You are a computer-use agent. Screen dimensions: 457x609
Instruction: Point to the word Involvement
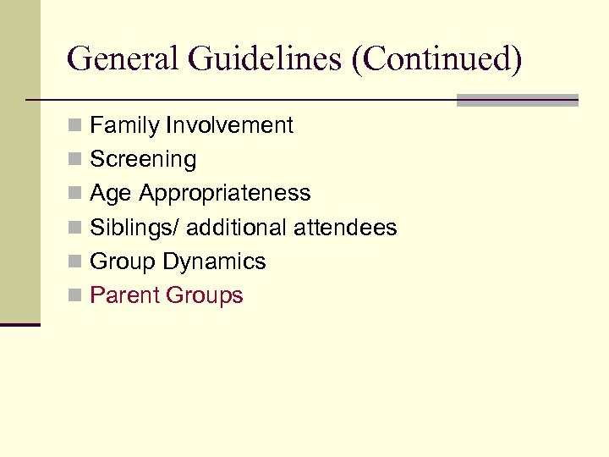[229, 125]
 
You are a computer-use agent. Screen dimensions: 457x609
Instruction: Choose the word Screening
[143, 159]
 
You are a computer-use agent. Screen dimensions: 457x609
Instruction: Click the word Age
[111, 194]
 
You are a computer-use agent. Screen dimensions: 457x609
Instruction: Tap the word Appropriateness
[225, 194]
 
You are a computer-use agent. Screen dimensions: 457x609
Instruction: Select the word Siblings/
[134, 228]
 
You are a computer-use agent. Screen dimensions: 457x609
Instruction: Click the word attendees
[345, 228]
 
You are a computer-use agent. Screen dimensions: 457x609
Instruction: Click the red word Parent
[125, 295]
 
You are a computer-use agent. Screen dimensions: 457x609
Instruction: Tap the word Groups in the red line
[205, 295]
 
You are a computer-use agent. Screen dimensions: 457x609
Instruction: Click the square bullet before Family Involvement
[75, 126]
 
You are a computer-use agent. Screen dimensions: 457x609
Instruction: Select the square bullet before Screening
[75, 160]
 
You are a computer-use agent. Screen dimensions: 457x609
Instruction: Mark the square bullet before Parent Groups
[75, 296]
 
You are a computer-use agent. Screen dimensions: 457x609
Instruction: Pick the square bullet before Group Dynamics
[75, 262]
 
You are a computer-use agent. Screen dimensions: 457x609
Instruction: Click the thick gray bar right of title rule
[517, 100]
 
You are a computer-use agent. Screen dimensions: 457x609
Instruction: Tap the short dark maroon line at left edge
[20, 324]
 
